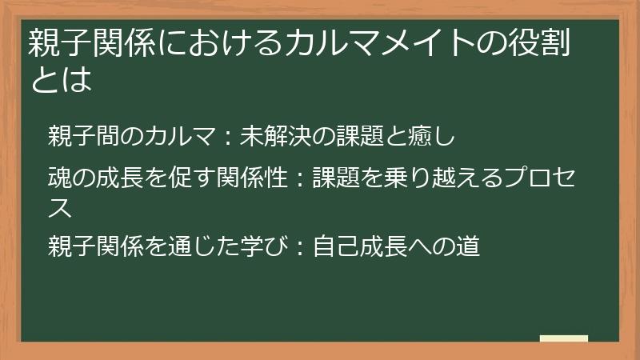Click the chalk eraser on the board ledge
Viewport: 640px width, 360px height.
coord(564,339)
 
